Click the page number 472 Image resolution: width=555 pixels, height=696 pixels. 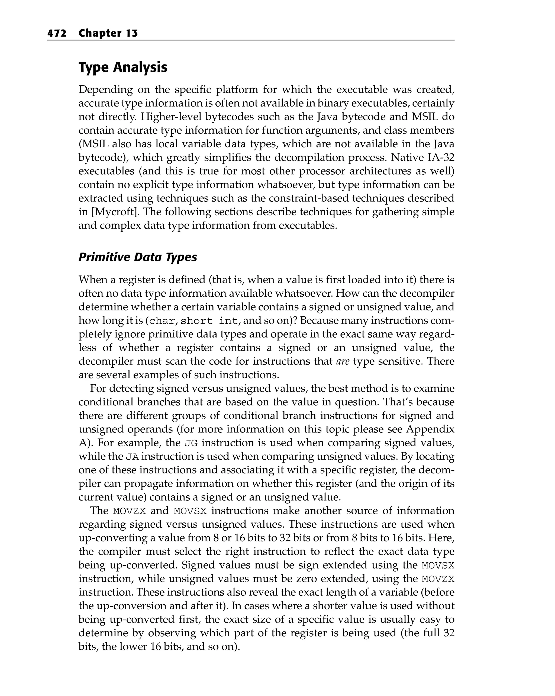click(x=57, y=33)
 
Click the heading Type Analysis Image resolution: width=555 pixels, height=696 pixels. click(x=123, y=67)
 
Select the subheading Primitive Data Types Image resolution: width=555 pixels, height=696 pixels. click(x=137, y=257)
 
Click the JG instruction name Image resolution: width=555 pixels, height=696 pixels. click(x=191, y=443)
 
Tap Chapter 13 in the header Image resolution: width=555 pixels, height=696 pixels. click(x=108, y=33)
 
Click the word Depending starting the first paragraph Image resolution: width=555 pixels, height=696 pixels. click(x=105, y=89)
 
